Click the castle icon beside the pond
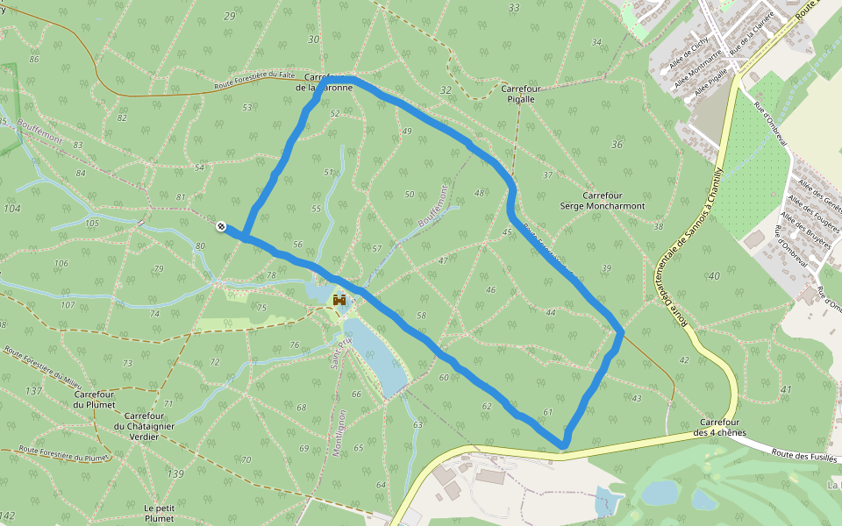339,301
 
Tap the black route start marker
222,227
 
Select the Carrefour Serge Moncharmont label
602,200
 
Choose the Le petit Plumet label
160,512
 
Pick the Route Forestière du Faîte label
255,80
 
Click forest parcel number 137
34,390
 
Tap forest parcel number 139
175,474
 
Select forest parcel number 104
11,209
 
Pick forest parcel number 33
513,8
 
